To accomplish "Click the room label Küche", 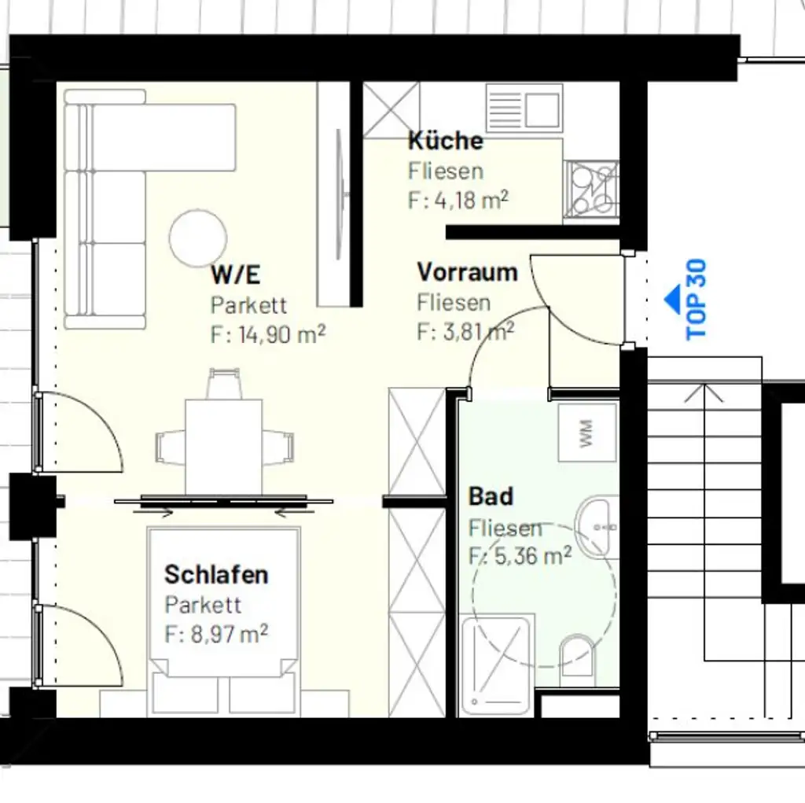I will (x=445, y=142).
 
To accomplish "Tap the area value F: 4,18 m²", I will (x=458, y=200).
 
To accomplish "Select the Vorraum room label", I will (x=467, y=273).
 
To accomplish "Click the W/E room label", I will (x=235, y=275).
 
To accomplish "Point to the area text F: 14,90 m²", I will (x=268, y=334).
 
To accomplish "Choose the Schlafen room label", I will (x=216, y=575).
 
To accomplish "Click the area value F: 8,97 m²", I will (x=216, y=634).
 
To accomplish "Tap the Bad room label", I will (x=491, y=497).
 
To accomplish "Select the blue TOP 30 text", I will (x=697, y=300).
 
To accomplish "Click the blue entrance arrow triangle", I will (x=673, y=299).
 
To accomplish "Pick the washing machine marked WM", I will (x=586, y=433).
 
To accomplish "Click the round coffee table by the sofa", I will (x=198, y=238).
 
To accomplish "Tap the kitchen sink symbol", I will (x=524, y=108).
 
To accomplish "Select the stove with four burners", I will (x=591, y=189).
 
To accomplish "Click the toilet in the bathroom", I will (x=578, y=657).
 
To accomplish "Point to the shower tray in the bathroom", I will (x=495, y=665).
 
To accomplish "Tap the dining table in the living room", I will (x=224, y=447).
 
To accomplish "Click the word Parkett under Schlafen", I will (x=203, y=605).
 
